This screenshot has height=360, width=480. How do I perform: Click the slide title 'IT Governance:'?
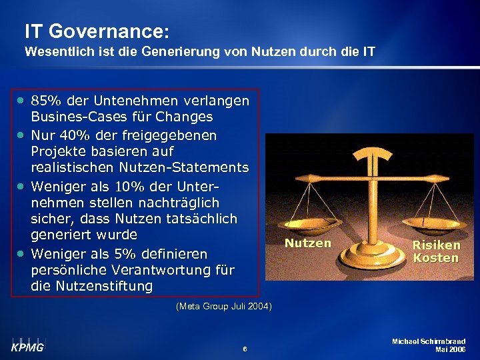click(97, 31)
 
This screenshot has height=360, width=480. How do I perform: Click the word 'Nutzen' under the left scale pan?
click(307, 243)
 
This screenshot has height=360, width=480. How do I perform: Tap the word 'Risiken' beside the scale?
click(436, 245)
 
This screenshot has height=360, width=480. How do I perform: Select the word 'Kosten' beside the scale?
click(436, 257)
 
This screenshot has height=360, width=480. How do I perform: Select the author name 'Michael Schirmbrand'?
click(430, 341)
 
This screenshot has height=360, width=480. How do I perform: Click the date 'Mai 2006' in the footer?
click(450, 349)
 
